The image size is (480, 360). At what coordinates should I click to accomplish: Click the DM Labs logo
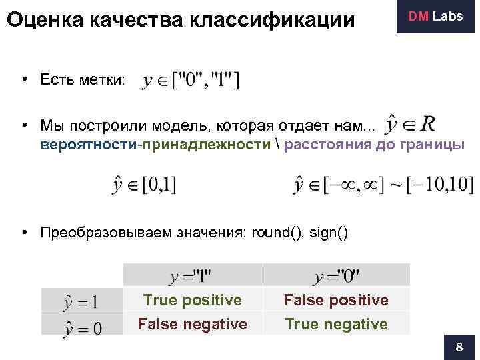click(x=435, y=17)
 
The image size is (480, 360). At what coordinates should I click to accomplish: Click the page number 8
click(x=459, y=347)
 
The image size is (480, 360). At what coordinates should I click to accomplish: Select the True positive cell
click(x=193, y=300)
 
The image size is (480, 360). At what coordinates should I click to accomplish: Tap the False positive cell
click(x=336, y=300)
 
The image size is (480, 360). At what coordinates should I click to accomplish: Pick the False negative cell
click(x=193, y=324)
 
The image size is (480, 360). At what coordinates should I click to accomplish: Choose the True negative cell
click(x=336, y=324)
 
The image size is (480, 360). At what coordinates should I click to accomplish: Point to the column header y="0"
click(x=337, y=276)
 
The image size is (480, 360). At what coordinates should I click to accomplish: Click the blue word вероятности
click(x=87, y=145)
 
